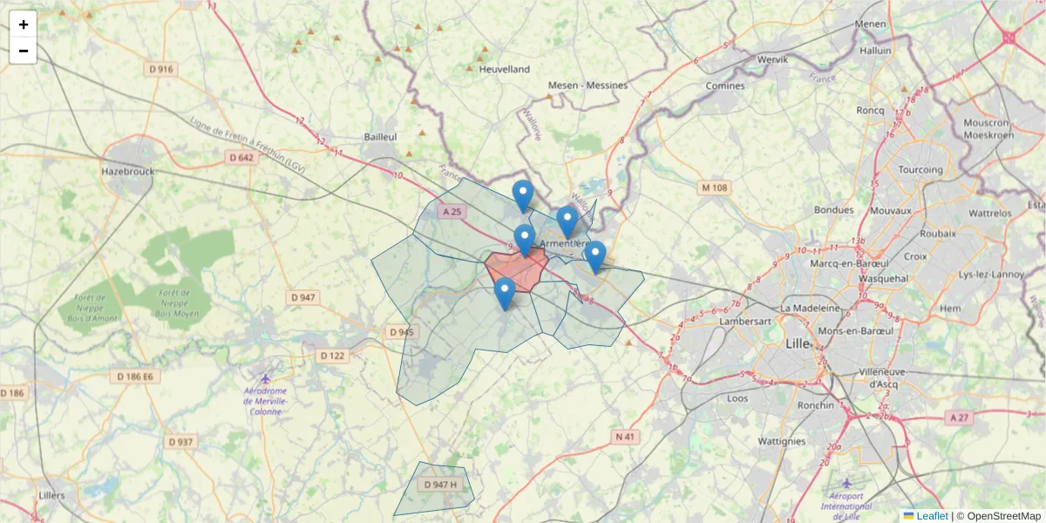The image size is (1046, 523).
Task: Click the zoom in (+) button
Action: coord(24,24)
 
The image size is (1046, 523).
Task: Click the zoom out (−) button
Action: coord(24,51)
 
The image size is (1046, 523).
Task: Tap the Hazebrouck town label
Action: coord(127,172)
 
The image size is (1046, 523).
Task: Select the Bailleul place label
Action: coord(380,138)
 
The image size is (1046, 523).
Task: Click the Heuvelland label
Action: coord(504,69)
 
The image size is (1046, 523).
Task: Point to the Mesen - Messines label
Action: coord(588,85)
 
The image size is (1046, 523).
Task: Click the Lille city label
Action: coord(798,343)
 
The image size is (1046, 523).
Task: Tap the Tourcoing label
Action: coord(920,169)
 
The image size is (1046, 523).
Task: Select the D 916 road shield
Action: coord(161,69)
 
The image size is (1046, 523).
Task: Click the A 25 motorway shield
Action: coord(453,212)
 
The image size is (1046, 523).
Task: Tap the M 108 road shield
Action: coord(714,187)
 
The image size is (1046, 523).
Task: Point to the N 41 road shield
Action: coord(625,436)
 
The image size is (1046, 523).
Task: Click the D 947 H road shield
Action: coord(440,485)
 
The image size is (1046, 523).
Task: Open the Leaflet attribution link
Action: coord(931,516)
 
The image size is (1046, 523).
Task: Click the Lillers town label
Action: coord(52,495)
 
